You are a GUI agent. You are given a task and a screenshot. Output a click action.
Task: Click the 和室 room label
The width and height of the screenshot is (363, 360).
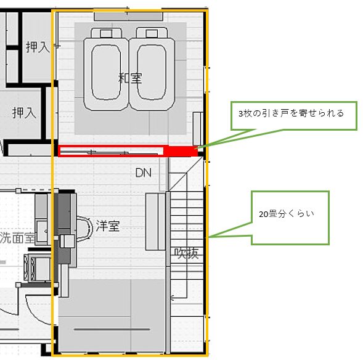point(130,78)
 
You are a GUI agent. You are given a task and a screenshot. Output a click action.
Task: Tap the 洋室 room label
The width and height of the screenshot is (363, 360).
point(108,226)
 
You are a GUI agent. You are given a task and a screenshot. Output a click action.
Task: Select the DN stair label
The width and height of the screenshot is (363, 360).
point(144,173)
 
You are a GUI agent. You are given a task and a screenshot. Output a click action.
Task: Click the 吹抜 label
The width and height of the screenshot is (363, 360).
point(187,253)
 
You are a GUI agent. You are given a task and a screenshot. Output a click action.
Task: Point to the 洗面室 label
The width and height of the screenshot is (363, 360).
point(17,237)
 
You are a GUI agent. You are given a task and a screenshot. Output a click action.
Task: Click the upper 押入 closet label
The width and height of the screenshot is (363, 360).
point(38,47)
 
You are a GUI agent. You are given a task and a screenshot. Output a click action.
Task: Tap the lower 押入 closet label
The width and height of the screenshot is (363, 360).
point(24,113)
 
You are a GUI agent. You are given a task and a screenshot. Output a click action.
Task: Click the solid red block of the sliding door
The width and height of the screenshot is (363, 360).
point(181,151)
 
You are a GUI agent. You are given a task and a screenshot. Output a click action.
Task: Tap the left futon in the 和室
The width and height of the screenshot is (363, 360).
point(106,70)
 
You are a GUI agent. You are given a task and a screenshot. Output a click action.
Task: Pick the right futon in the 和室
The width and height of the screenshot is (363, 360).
point(152,70)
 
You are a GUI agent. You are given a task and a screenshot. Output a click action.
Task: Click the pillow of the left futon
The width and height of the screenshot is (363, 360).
point(106,33)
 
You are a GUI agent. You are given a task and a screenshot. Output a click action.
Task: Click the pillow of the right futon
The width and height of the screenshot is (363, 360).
point(152,33)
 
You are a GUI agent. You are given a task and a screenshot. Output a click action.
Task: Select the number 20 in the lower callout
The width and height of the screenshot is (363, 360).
point(263,214)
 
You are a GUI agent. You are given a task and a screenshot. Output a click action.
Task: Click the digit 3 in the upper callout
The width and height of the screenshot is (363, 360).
point(240,113)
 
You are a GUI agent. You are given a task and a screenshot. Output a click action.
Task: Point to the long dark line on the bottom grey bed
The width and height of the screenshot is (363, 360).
point(112,329)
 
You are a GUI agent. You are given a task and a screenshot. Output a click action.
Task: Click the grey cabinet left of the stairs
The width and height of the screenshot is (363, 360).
point(155,222)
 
